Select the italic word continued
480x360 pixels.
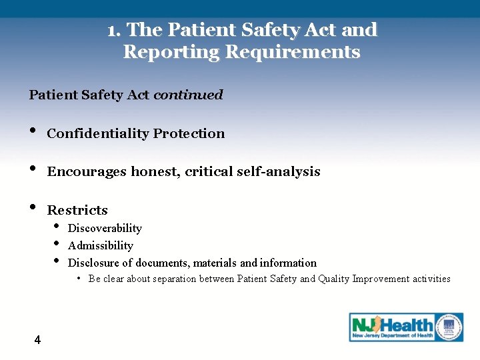(188, 95)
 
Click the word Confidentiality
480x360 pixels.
(98, 133)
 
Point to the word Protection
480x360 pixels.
(189, 133)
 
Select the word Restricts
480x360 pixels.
(77, 211)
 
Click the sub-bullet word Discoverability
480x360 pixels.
(105, 229)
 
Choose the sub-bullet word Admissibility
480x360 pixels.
(101, 246)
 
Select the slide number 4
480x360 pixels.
(37, 341)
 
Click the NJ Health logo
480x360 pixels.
(393, 327)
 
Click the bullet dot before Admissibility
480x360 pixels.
(56, 243)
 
